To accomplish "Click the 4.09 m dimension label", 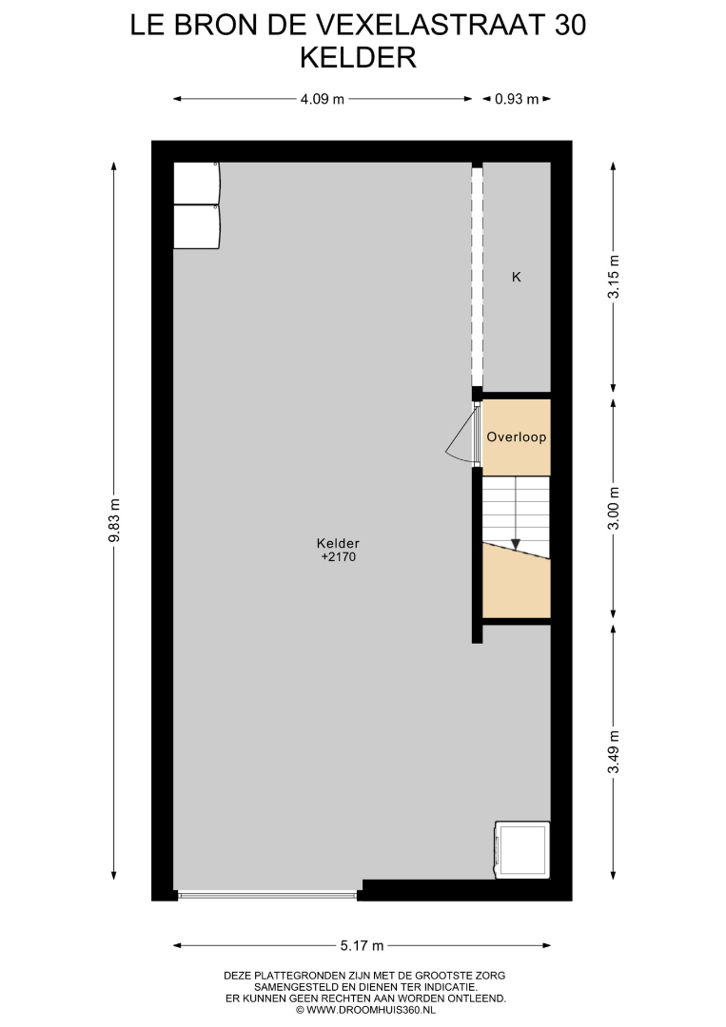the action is (x=322, y=100).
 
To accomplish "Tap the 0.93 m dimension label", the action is (x=517, y=100).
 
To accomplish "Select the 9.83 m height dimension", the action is (x=115, y=521).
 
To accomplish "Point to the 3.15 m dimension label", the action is (x=614, y=277).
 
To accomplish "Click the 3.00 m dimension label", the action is (x=614, y=508).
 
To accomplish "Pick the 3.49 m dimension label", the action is (x=614, y=752).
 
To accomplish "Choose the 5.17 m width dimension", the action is (x=362, y=946).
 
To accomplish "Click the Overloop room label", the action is (x=517, y=436).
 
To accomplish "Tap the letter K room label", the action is (x=517, y=277).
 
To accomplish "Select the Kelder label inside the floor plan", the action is (x=338, y=543).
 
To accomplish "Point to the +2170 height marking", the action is (x=338, y=556).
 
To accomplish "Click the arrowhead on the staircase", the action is (x=516, y=544).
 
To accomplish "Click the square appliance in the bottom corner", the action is (x=522, y=849).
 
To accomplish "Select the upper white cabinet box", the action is (x=197, y=184).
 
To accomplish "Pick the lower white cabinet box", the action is (x=197, y=226).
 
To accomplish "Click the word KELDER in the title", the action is (x=359, y=58).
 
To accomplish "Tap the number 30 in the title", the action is (x=570, y=26).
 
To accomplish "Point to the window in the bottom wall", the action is (x=267, y=894).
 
